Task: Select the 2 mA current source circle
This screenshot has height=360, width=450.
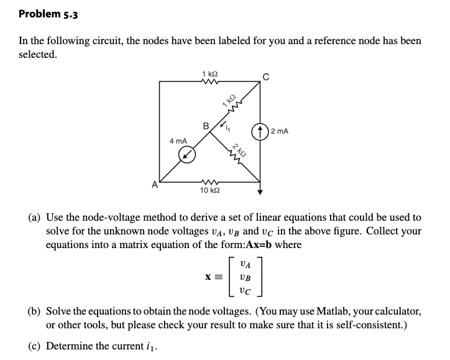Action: (x=260, y=131)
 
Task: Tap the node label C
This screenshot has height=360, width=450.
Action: (x=265, y=77)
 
